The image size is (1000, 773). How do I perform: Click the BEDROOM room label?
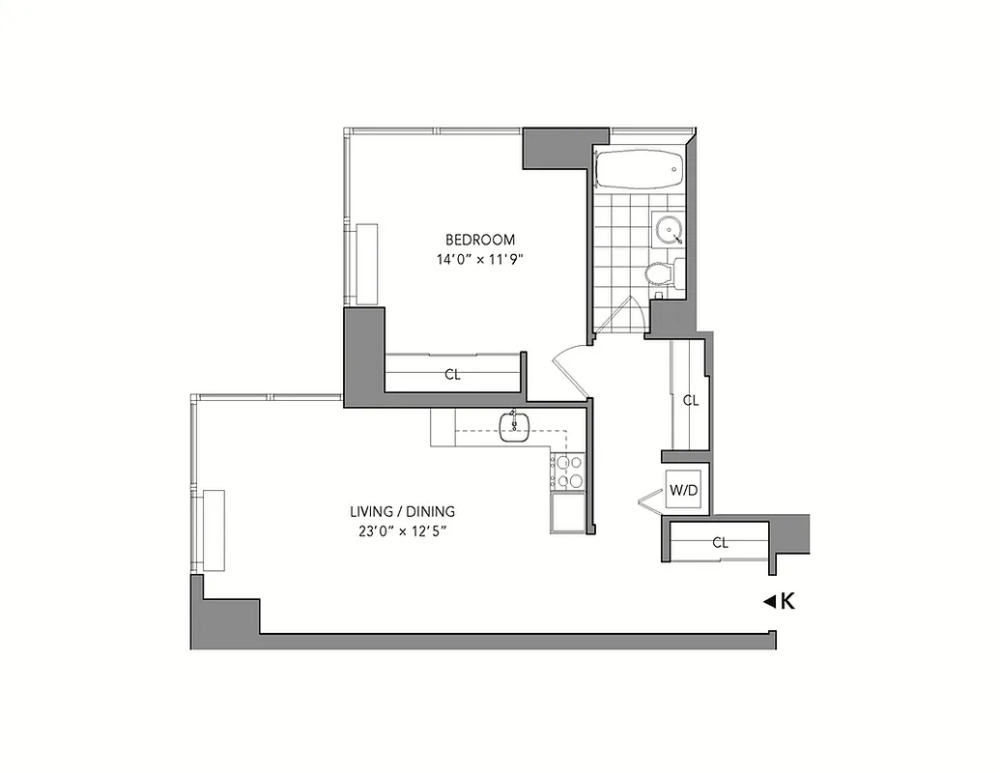point(479,240)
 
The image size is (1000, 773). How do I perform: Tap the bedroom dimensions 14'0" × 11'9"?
point(479,259)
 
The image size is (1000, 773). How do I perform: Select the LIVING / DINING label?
point(402,511)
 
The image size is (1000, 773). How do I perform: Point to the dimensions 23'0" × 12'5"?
point(402,530)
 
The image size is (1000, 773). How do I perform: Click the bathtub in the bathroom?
point(638,170)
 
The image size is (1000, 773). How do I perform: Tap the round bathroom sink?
point(669,230)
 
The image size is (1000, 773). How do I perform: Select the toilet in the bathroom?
point(659,273)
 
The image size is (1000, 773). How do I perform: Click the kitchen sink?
point(514,425)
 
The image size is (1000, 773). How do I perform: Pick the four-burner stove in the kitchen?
point(568,471)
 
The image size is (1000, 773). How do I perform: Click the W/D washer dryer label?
point(684,490)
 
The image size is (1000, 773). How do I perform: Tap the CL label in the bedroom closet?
point(452,375)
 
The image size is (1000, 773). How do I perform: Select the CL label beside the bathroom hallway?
point(690,400)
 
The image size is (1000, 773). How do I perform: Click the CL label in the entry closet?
point(720,543)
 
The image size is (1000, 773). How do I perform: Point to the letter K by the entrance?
point(787,602)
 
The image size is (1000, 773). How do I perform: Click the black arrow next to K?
point(769,602)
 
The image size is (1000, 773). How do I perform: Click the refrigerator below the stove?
point(567,512)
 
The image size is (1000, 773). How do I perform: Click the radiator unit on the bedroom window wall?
point(367,264)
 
